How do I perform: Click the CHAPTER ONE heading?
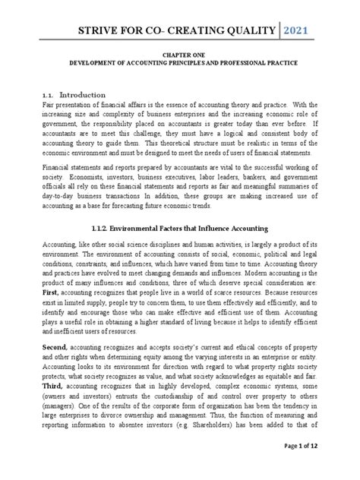(179, 67)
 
